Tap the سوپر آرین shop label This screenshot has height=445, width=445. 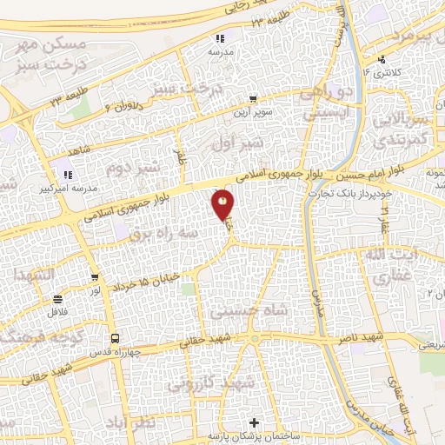coord(252,112)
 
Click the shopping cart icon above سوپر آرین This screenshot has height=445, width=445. coord(252,99)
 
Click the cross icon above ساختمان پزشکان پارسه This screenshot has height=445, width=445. coord(253,422)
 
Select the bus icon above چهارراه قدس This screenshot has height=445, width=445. coord(114,339)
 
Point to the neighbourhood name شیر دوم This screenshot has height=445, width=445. coord(132,163)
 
